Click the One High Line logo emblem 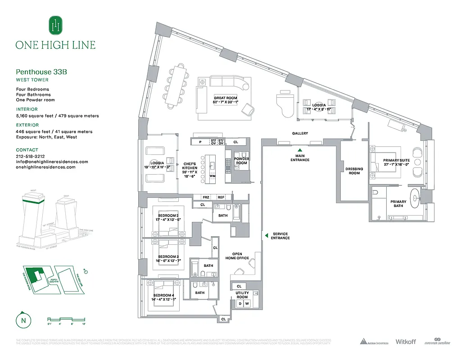coord(55,25)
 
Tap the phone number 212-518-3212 coord(30,156)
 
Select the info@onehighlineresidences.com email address coord(52,162)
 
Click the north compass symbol coord(22,320)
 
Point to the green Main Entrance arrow coord(300,150)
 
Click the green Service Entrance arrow coord(266,235)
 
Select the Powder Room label coord(242,161)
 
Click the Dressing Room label coord(354,171)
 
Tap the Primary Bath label coord(398,204)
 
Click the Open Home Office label coord(237,256)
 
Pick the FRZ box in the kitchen coord(206,197)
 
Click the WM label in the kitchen coord(213,176)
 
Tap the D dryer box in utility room coord(240,304)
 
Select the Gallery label coord(300,134)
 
